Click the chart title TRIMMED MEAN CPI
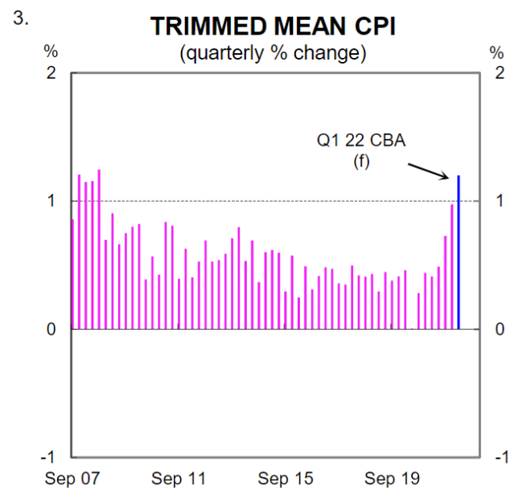(x=273, y=26)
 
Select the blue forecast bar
(x=459, y=253)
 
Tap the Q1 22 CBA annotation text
(x=360, y=141)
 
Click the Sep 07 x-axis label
(x=72, y=479)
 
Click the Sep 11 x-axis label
(x=179, y=479)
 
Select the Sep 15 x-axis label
(x=285, y=479)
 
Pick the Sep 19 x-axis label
(x=392, y=479)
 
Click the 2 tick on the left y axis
(x=51, y=73)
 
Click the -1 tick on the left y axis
(x=49, y=456)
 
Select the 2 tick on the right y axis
(x=500, y=73)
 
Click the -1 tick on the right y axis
(x=501, y=456)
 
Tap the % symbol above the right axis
(x=497, y=53)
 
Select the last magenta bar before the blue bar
(x=452, y=267)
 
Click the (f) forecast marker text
(x=360, y=162)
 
